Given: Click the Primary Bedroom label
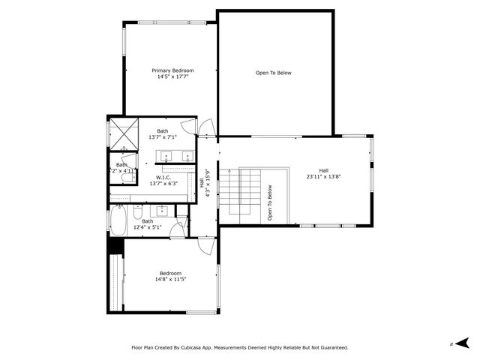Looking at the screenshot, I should pyautogui.click(x=167, y=70).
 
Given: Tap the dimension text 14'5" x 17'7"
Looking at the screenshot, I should pyautogui.click(x=167, y=76).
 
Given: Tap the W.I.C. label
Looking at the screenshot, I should pyautogui.click(x=163, y=177).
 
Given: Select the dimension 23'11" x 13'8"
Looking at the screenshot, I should pyautogui.click(x=323, y=177).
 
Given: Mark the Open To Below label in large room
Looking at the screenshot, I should pyautogui.click(x=273, y=73).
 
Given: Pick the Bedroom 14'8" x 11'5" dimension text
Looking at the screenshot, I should pyautogui.click(x=170, y=279).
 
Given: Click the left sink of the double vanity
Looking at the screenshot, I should pyautogui.click(x=166, y=157).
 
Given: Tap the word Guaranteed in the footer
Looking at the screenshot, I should pyautogui.click(x=329, y=347).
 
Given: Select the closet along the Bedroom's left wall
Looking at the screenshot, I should pyautogui.click(x=115, y=282).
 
